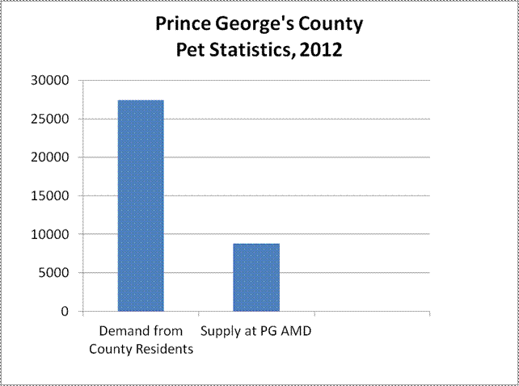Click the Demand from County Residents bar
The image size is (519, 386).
[141, 205]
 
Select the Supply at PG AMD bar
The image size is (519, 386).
[256, 277]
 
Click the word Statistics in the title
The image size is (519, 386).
[254, 50]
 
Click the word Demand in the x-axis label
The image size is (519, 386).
[121, 331]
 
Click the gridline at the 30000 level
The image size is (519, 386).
[323, 81]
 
